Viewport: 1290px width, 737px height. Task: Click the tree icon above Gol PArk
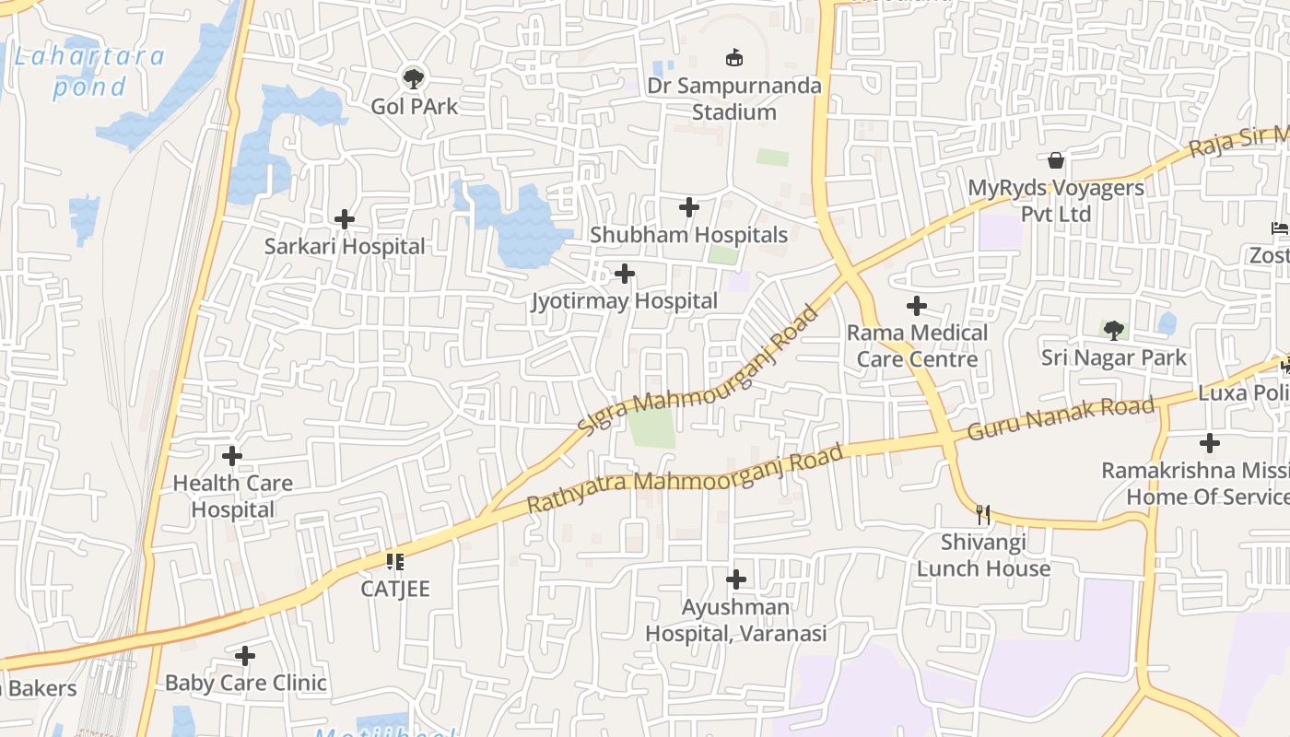(414, 78)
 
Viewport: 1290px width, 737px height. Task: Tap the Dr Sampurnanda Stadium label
(733, 99)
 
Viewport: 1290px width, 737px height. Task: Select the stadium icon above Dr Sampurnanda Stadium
(734, 58)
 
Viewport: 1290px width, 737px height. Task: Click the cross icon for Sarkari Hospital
(345, 219)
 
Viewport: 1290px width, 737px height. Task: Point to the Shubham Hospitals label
(688, 235)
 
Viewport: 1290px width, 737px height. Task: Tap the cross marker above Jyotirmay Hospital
(625, 274)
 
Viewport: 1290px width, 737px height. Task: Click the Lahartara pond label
(89, 71)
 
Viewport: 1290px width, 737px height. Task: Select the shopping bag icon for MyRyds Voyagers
(1056, 161)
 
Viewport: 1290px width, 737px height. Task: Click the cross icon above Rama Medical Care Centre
(917, 306)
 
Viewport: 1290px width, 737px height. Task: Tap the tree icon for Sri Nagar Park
(1114, 330)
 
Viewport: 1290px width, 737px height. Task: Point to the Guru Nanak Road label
(1061, 418)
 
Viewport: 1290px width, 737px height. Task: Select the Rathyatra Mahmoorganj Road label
(685, 479)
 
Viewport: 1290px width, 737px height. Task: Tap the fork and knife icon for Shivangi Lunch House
(984, 514)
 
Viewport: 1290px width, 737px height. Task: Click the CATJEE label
(395, 589)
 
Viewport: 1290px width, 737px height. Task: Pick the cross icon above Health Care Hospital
(232, 456)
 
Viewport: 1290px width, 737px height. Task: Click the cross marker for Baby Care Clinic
(245, 656)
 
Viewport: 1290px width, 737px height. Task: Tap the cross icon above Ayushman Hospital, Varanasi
(735, 579)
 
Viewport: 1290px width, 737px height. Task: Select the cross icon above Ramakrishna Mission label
(1210, 443)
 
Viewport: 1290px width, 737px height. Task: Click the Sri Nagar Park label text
(1114, 357)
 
